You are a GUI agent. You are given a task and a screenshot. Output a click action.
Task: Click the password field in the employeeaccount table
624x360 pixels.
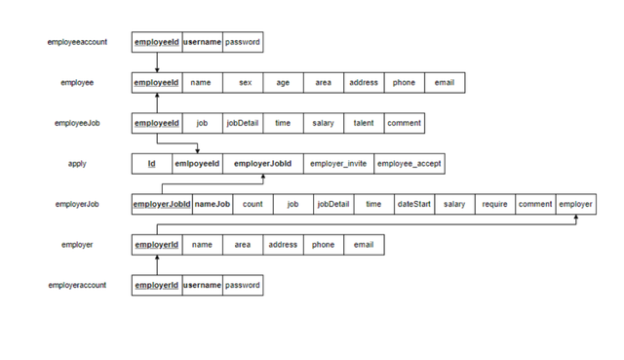click(243, 42)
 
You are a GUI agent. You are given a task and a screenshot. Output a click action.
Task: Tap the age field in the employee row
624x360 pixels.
click(283, 82)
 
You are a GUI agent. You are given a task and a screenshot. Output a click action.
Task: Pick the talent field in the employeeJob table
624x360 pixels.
click(364, 123)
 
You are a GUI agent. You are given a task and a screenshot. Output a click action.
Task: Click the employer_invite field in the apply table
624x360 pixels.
click(338, 164)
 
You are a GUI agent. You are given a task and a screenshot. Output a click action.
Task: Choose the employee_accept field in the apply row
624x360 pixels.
click(409, 164)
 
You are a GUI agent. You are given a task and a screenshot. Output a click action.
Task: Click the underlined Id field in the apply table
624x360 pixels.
click(152, 164)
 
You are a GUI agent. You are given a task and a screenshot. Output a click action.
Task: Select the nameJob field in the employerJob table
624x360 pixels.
click(213, 204)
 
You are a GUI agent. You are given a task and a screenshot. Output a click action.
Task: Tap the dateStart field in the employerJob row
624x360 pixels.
click(414, 204)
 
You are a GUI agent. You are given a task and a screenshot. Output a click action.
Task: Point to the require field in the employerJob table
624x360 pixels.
click(495, 204)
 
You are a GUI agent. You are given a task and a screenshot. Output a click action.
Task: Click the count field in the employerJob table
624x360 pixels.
click(253, 204)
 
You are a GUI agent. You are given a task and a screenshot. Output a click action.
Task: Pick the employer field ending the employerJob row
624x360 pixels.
click(576, 204)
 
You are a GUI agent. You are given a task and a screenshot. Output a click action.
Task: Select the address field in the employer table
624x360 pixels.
click(283, 245)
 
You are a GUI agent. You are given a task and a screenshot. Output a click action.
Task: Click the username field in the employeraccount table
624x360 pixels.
click(202, 285)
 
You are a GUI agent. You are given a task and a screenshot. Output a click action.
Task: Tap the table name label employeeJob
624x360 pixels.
click(77, 123)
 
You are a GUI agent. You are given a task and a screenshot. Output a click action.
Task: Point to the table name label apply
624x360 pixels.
click(77, 164)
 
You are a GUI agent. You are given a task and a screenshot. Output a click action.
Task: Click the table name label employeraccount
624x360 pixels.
click(77, 285)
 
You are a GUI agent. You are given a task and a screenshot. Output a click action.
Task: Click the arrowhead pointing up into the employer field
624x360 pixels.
click(576, 217)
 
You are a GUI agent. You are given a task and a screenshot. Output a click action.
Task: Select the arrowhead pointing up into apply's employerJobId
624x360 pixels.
click(262, 177)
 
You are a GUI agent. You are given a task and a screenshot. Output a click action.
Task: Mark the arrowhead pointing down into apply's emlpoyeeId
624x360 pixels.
click(197, 151)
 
